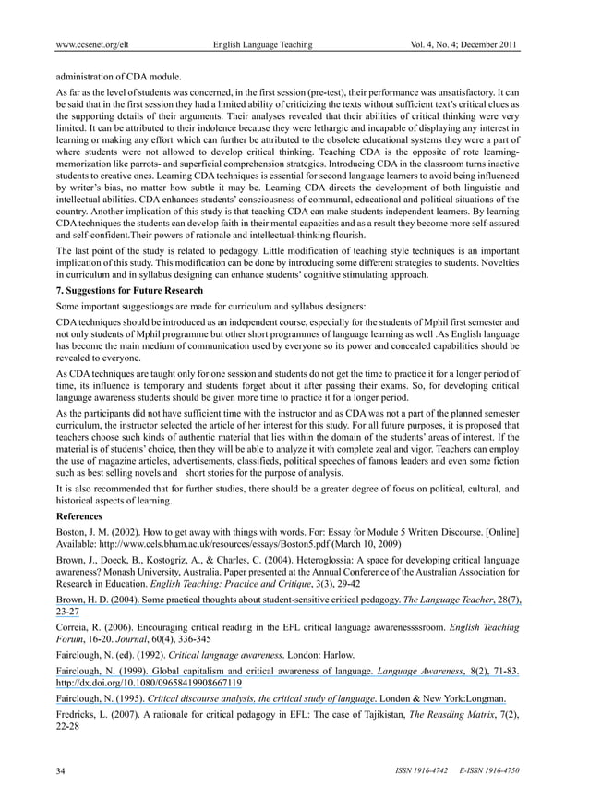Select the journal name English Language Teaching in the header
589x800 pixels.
(x=262, y=44)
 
